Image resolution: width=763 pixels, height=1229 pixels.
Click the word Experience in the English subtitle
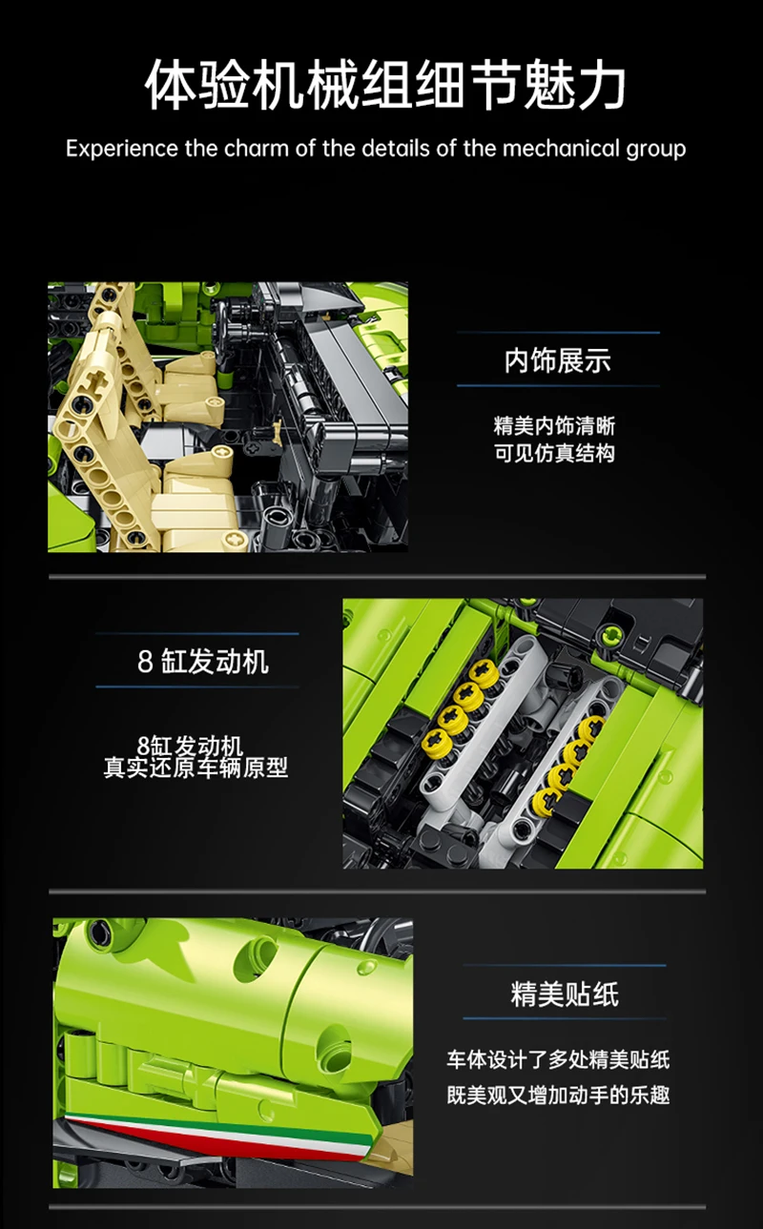[122, 150]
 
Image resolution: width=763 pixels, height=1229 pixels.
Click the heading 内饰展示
[558, 360]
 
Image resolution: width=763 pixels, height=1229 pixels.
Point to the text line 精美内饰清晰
[554, 426]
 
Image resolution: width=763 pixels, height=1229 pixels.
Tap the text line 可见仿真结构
[554, 453]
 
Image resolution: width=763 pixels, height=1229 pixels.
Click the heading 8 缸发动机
[202, 661]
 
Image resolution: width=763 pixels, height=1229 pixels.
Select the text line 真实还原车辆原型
[196, 768]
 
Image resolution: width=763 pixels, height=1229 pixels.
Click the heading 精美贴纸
[565, 994]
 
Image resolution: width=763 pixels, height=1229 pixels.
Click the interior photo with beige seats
[228, 417]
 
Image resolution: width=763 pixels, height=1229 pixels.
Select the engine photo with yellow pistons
[523, 733]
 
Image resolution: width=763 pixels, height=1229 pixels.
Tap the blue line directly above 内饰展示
[558, 333]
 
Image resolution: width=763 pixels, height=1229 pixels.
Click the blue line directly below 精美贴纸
[565, 1019]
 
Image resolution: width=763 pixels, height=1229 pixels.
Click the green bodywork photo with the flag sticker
[233, 1054]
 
